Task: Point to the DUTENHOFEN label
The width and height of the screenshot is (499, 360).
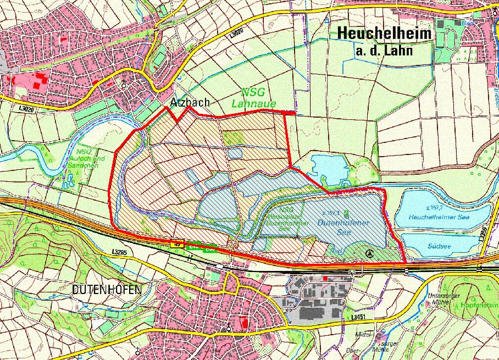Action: (107, 289)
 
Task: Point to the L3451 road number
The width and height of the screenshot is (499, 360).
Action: (341, 317)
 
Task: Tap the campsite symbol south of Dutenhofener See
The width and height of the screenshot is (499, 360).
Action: (370, 253)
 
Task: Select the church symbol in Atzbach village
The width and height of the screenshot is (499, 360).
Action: (124, 86)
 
